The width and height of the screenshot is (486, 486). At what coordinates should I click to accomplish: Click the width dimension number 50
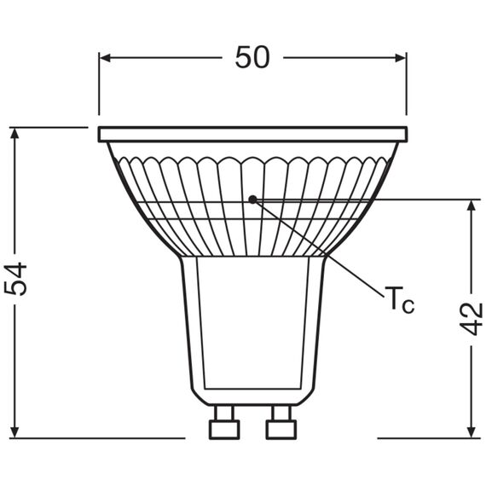(x=252, y=57)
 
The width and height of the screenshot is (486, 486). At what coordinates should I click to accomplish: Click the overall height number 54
(x=17, y=279)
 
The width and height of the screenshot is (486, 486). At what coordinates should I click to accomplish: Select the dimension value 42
(x=472, y=317)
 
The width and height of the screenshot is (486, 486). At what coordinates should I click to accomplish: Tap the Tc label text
(x=398, y=300)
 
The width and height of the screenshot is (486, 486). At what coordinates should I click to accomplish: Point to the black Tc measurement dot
(x=252, y=200)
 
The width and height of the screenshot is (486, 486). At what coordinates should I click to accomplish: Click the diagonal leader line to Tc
(x=324, y=252)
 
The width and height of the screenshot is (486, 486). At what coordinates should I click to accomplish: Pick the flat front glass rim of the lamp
(x=252, y=135)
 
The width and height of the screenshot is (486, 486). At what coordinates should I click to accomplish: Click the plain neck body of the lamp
(x=252, y=324)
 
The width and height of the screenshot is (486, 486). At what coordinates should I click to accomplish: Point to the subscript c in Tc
(x=408, y=305)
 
